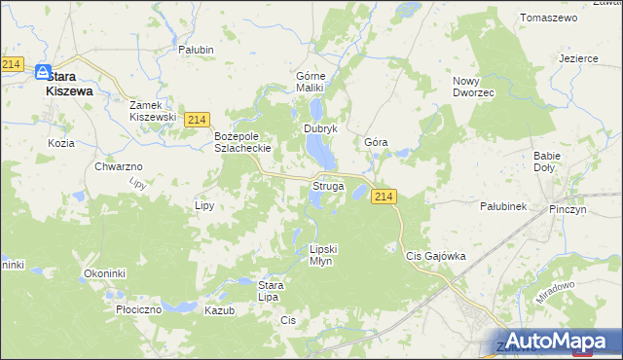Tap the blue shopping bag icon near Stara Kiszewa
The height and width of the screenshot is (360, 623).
(x=43, y=72)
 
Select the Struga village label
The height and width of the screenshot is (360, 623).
(x=327, y=185)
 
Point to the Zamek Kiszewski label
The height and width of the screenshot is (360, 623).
(x=153, y=110)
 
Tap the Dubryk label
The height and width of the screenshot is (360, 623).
(x=319, y=127)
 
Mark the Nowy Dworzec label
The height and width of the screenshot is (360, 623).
(x=474, y=87)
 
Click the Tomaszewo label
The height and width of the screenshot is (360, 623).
(x=549, y=18)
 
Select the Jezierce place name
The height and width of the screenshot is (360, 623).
(x=578, y=57)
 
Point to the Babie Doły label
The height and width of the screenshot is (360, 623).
(x=551, y=161)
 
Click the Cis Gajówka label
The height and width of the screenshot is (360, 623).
(x=435, y=256)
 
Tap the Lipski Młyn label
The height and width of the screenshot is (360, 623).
(x=327, y=254)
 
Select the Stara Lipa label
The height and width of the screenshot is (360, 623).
(x=270, y=290)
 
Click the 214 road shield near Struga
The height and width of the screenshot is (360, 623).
(x=384, y=197)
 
